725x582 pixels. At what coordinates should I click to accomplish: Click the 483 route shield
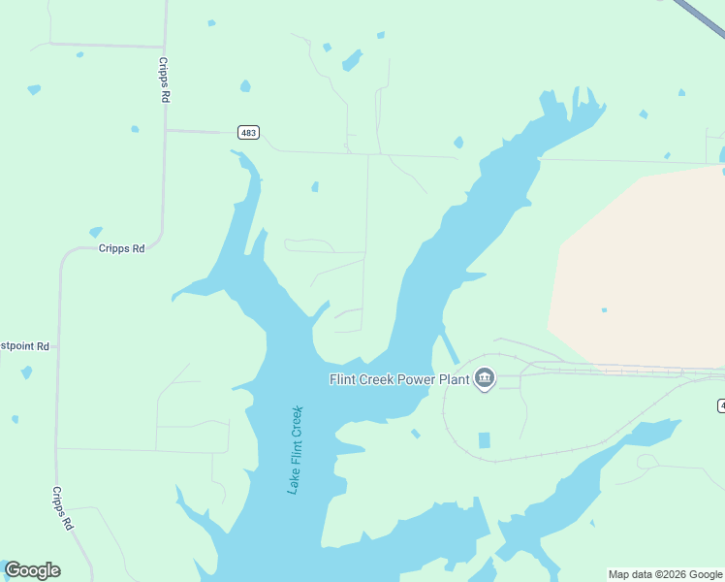pyautogui.click(x=248, y=132)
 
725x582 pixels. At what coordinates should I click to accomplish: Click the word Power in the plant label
pyautogui.click(x=413, y=379)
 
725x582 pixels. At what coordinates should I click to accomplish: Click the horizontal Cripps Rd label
pyautogui.click(x=121, y=248)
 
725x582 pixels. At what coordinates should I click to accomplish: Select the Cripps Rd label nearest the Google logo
pyautogui.click(x=62, y=508)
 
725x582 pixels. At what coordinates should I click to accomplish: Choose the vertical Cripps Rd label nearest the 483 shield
pyautogui.click(x=164, y=80)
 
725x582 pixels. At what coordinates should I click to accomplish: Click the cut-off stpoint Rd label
pyautogui.click(x=24, y=345)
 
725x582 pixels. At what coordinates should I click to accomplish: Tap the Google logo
pyautogui.click(x=32, y=570)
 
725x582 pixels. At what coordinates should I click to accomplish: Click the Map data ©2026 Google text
pyautogui.click(x=666, y=574)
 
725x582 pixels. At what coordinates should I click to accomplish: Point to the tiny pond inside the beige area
pyautogui.click(x=604, y=310)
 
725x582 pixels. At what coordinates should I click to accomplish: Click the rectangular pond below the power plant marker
pyautogui.click(x=485, y=440)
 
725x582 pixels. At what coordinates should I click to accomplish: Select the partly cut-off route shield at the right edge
pyautogui.click(x=721, y=404)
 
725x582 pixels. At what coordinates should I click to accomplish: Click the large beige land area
pyautogui.click(x=640, y=262)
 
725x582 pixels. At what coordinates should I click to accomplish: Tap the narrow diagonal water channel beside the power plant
pyautogui.click(x=450, y=347)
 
